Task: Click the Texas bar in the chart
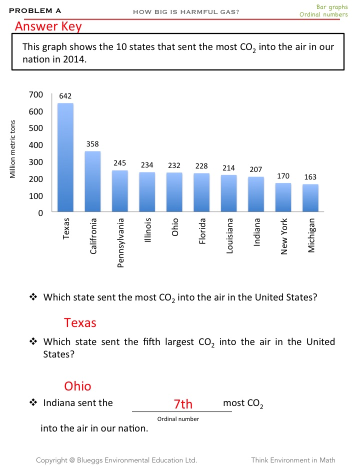point(65,157)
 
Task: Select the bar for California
point(92,181)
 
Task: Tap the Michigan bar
point(310,198)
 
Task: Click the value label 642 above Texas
point(65,95)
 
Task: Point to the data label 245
point(119,163)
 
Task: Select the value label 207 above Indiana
point(256,169)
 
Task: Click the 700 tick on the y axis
point(38,94)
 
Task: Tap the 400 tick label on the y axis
point(38,145)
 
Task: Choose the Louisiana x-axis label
point(229,235)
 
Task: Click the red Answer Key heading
point(48,26)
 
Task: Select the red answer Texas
point(80,322)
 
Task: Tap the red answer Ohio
point(77,386)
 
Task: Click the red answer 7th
point(183,403)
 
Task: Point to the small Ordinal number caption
point(178,419)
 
